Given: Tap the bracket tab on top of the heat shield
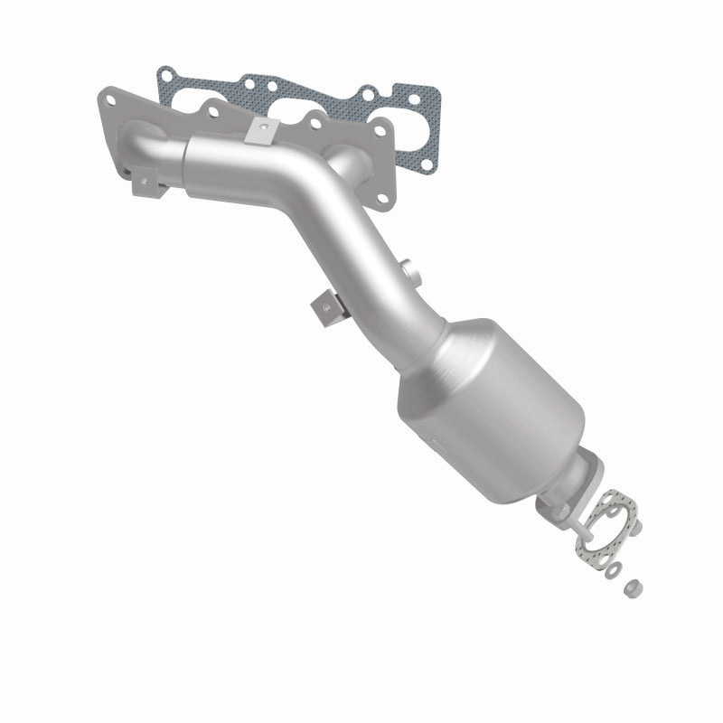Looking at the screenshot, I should point(260,131).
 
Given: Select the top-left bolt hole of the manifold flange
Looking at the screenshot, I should point(110,94).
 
